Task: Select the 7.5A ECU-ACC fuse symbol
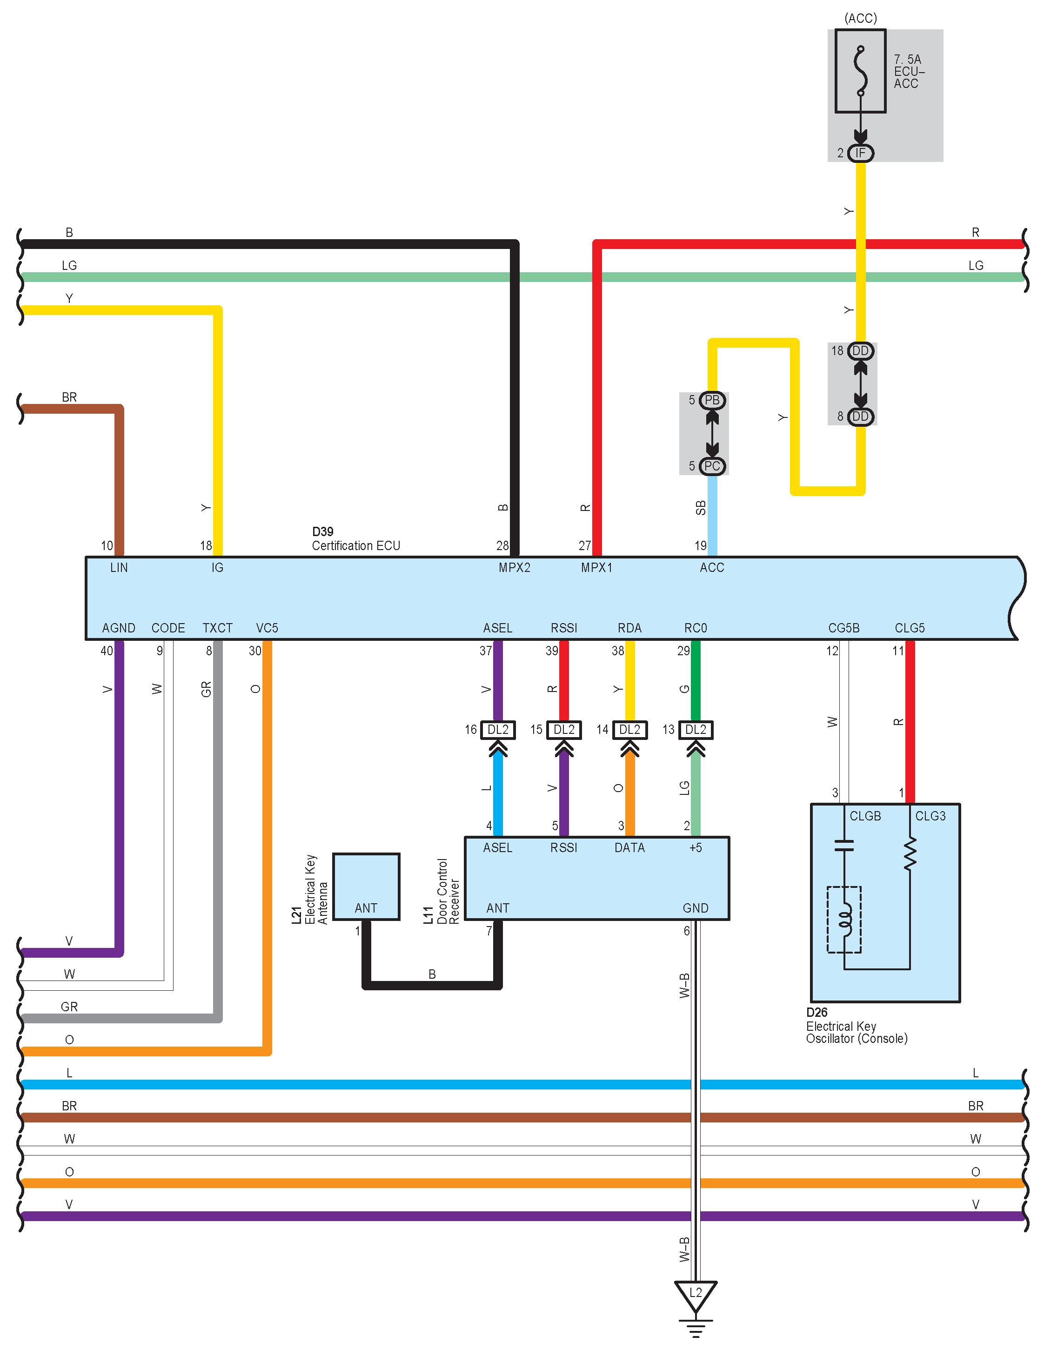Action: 860,71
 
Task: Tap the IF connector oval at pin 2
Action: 860,153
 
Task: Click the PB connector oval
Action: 712,400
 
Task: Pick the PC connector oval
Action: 712,466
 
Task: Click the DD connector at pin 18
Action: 860,351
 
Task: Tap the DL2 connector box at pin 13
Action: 696,729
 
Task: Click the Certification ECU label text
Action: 356,545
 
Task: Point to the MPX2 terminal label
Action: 514,567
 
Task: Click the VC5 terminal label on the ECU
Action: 267,628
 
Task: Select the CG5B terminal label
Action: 843,628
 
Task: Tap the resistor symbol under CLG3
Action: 910,853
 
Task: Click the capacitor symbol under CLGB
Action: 844,845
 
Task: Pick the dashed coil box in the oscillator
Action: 844,919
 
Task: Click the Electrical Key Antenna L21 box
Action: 366,886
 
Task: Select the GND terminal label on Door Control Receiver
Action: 695,908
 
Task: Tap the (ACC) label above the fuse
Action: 860,19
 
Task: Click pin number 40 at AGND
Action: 107,651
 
